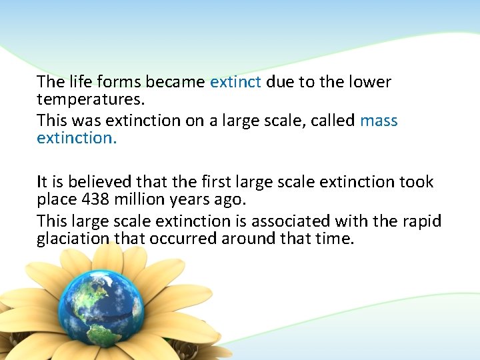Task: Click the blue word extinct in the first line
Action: (235, 82)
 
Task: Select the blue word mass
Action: (379, 121)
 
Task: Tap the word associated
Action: (283, 221)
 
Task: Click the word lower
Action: (371, 82)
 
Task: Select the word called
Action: (335, 121)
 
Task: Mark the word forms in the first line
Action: (119, 82)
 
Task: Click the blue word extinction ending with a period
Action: (77, 140)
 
